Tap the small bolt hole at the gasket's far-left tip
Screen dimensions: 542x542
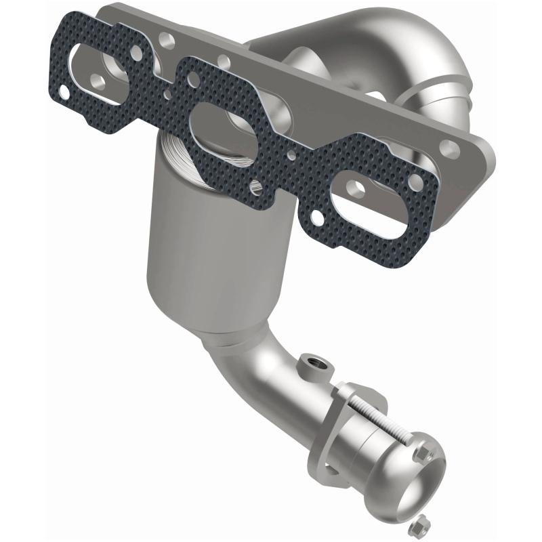(64, 89)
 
